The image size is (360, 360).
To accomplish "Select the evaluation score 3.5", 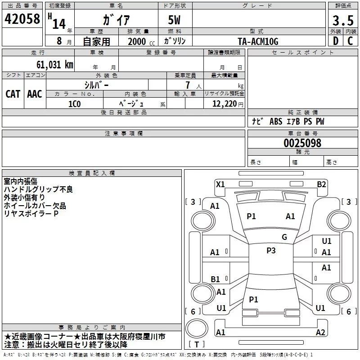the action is [x=342, y=21].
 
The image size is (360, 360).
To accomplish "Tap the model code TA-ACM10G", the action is [x=258, y=41].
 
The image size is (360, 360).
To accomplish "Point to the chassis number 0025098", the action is [x=302, y=143].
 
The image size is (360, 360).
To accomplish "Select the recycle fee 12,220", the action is [x=224, y=103].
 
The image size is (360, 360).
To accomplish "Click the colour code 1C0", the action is [x=74, y=103].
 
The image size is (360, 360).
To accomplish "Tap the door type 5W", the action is [x=175, y=20].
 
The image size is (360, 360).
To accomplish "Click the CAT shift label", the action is [x=13, y=94].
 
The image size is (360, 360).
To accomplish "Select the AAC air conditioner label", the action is [x=35, y=94].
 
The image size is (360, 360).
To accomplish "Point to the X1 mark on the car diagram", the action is [x=220, y=184].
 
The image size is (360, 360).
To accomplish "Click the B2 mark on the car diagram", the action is [x=321, y=184].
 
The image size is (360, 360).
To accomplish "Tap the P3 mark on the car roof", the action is [x=271, y=251].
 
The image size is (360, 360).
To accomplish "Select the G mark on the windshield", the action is [x=284, y=237].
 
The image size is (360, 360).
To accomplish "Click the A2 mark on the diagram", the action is [x=320, y=333].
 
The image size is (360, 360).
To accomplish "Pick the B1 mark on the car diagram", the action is [x=216, y=279].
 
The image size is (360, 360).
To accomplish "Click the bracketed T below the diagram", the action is [x=197, y=345].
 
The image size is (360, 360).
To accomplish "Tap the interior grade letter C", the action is [x=350, y=41].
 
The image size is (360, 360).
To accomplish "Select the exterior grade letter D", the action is [x=335, y=41].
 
